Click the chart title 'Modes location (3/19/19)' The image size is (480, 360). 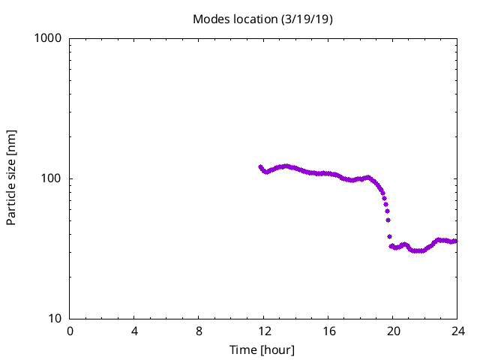tap(262, 19)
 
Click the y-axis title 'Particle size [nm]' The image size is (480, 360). tap(11, 178)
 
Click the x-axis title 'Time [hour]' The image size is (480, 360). tap(262, 349)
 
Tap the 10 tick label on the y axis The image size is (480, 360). tap(55, 319)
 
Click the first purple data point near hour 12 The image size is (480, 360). tap(261, 167)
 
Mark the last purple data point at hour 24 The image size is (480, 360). tap(455, 241)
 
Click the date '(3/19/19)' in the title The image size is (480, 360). tap(306, 19)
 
